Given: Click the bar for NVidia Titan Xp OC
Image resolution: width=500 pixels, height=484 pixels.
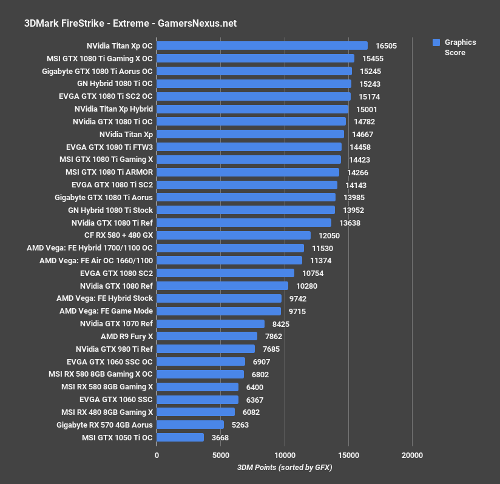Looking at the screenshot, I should click(x=262, y=45).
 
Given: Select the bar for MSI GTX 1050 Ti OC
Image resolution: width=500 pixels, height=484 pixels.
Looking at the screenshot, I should click(x=180, y=437).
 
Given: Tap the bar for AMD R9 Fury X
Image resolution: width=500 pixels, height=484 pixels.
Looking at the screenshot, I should click(x=207, y=336).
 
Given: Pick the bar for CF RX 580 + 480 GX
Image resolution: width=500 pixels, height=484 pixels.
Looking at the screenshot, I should click(x=234, y=235).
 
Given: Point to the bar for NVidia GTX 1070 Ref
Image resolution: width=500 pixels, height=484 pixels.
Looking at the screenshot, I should click(x=211, y=324).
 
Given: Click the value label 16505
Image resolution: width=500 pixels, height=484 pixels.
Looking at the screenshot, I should click(x=387, y=45).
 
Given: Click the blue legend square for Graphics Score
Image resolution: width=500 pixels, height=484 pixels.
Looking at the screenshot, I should click(x=436, y=42).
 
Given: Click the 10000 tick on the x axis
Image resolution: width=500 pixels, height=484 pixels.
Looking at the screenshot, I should click(x=285, y=455).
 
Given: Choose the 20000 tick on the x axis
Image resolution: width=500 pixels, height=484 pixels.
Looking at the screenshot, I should click(x=412, y=455).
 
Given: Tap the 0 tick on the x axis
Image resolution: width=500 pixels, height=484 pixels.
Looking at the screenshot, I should click(x=157, y=455).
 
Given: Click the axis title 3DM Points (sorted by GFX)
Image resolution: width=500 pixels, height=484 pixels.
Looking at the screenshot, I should click(x=285, y=467).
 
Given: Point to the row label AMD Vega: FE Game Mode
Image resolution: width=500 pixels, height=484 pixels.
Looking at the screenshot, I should click(x=106, y=311).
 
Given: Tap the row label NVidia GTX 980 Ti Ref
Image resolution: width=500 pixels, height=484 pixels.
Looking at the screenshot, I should click(x=114, y=349).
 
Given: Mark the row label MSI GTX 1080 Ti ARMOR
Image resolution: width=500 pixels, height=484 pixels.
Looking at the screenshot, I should click(x=109, y=172).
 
